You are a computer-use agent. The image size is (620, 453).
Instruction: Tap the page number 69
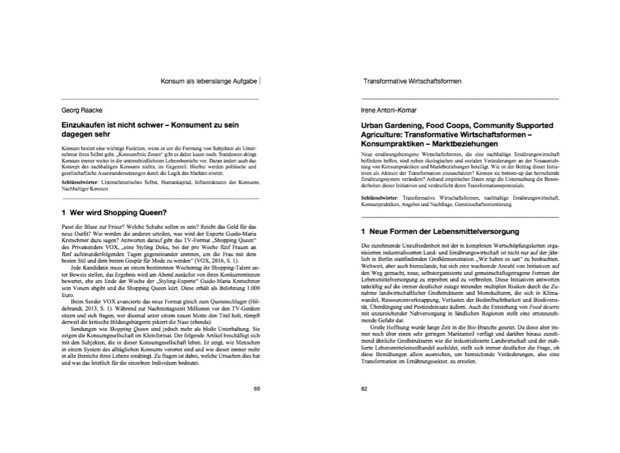point(256,389)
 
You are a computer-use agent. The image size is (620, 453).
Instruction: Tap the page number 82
point(364,389)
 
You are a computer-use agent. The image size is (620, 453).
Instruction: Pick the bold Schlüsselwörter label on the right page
point(380,198)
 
